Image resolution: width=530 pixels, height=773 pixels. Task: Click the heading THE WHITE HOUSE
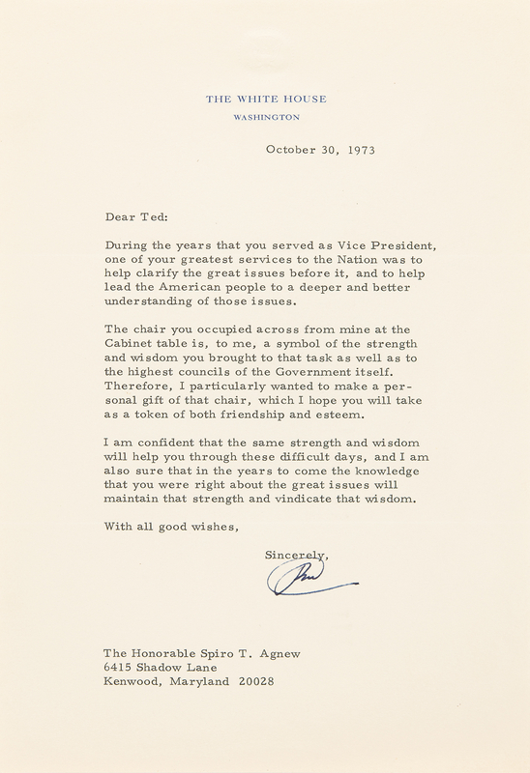267,99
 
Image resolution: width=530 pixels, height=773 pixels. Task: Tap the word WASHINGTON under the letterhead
267,117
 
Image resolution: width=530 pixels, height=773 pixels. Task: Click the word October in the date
291,150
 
